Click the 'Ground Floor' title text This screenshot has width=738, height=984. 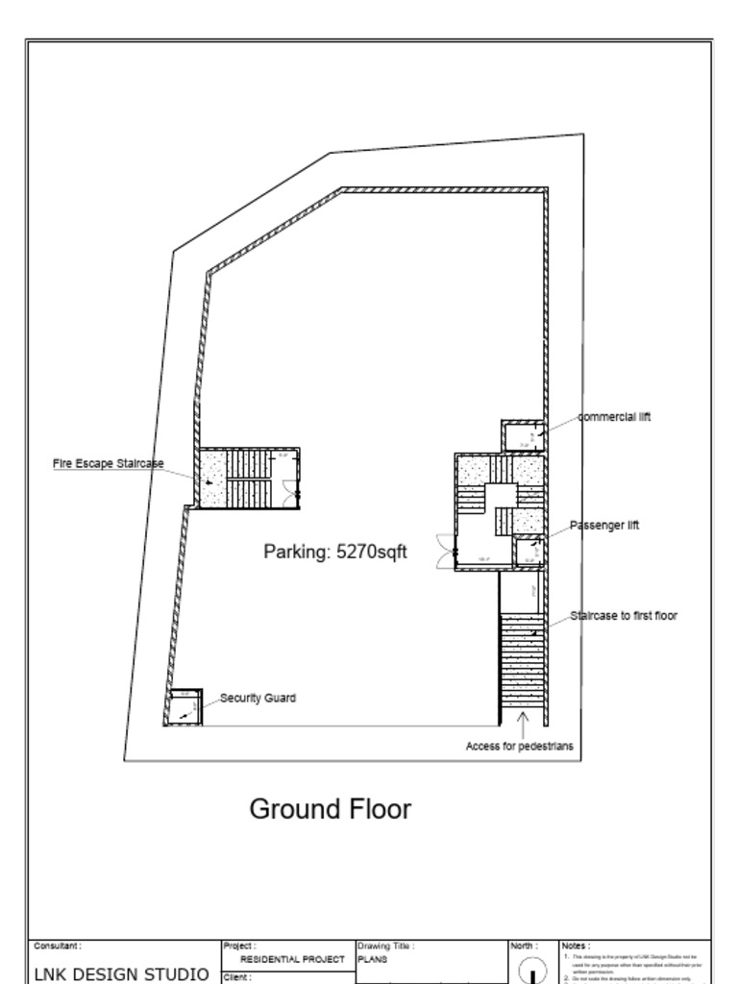[330, 809]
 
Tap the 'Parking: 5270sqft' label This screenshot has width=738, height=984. [335, 552]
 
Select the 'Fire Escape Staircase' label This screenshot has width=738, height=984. [108, 464]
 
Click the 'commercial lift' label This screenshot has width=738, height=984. [614, 417]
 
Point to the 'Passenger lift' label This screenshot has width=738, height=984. [604, 526]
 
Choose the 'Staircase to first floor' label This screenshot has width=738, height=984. [623, 615]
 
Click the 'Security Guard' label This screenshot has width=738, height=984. [258, 699]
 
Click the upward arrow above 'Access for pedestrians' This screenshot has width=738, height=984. [522, 723]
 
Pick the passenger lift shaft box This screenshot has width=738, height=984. [529, 553]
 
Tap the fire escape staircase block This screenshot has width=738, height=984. [248, 478]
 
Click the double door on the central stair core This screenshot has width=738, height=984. [445, 549]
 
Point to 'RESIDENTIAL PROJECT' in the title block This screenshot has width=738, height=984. [291, 959]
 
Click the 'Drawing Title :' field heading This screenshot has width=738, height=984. [385, 947]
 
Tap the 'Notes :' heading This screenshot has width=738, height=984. [576, 947]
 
